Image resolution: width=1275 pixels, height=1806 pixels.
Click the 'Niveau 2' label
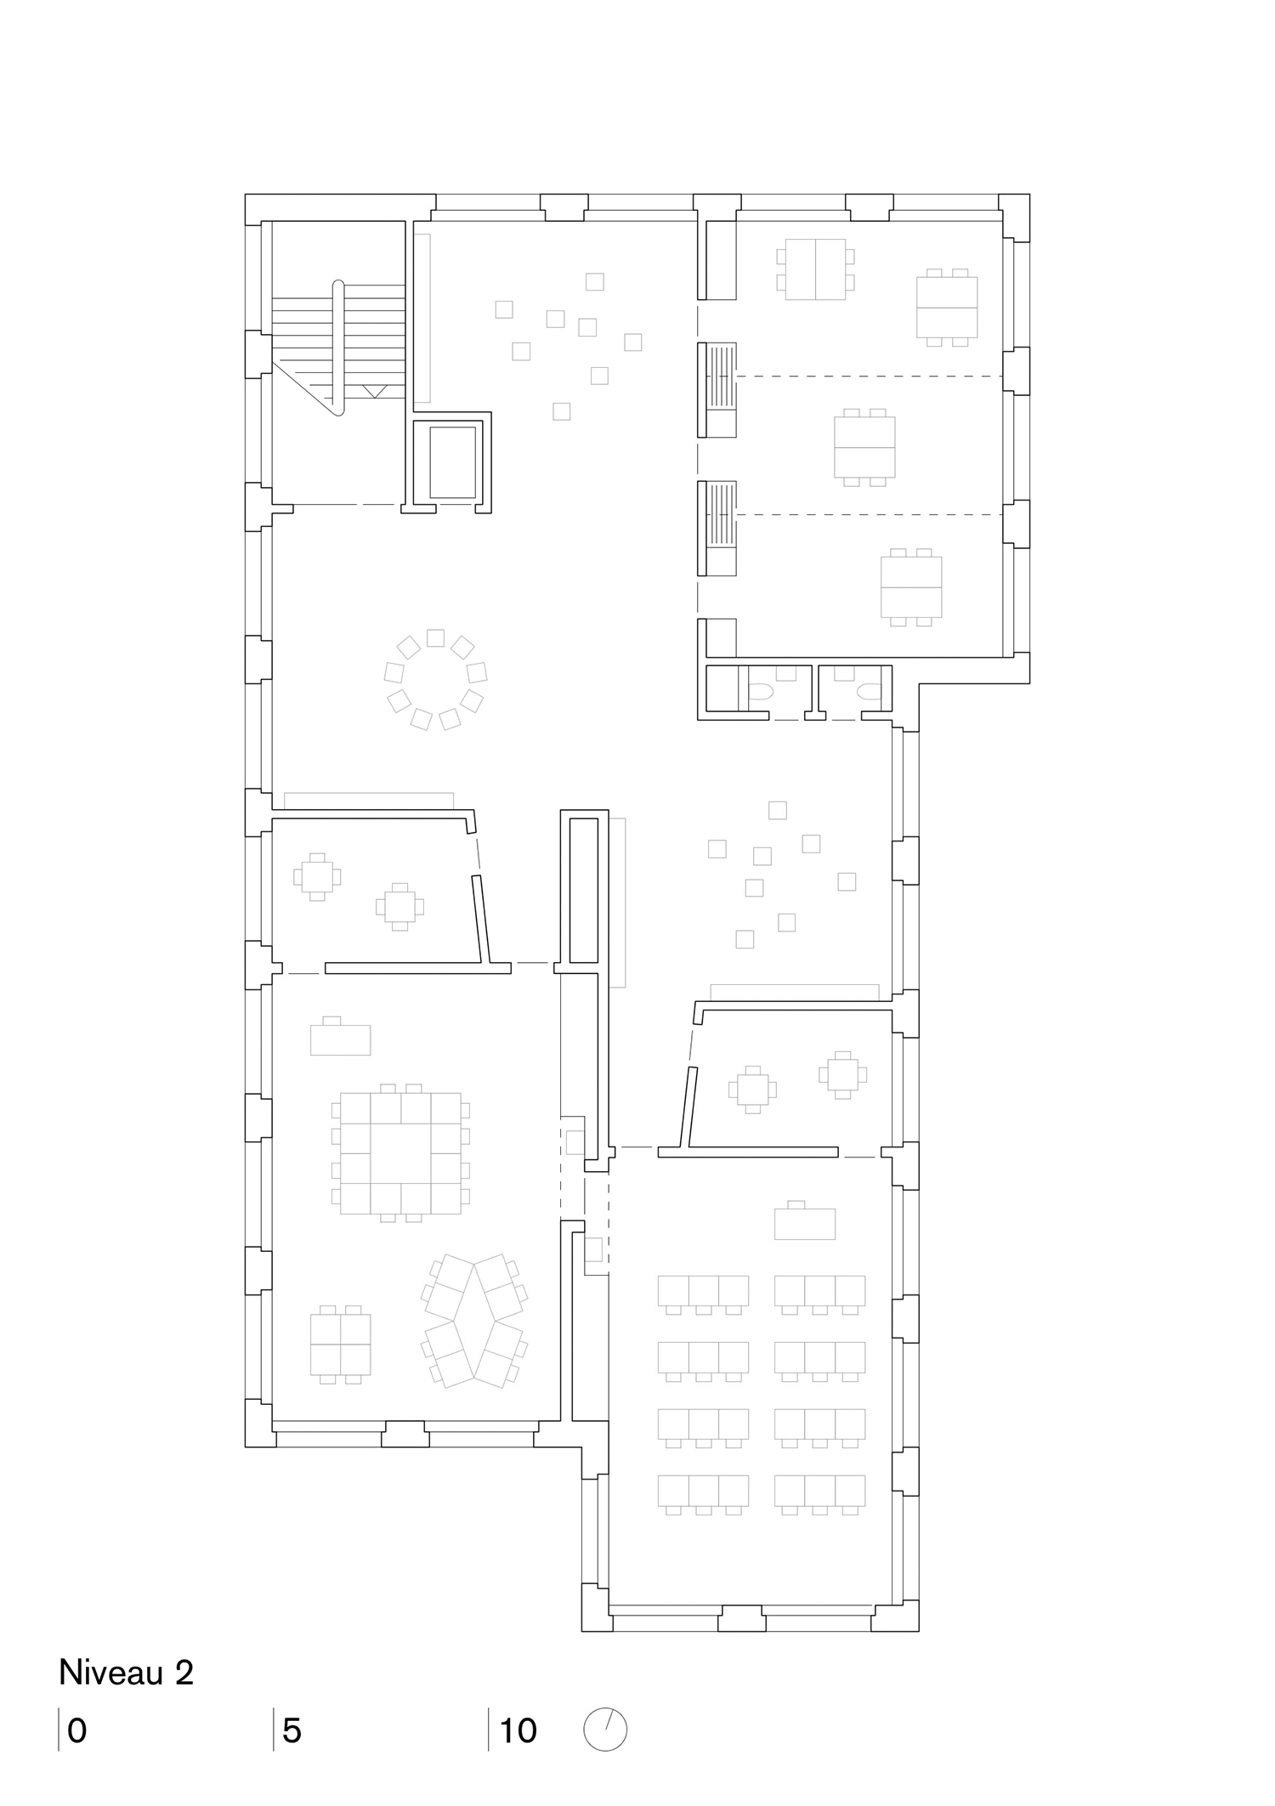(x=126, y=1673)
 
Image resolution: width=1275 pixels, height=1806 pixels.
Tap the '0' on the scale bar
(x=76, y=1730)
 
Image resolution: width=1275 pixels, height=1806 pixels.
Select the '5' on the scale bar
(x=292, y=1730)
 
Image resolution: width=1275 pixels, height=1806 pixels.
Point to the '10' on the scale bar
(x=518, y=1730)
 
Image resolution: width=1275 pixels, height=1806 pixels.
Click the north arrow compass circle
(x=604, y=1729)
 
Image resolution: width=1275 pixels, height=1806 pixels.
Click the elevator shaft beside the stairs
(x=452, y=462)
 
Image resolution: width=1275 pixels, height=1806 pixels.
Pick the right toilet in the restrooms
(x=868, y=693)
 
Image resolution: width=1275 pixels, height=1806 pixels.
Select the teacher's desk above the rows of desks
(x=804, y=1223)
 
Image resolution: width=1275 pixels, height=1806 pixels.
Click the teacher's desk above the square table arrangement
(x=340, y=1039)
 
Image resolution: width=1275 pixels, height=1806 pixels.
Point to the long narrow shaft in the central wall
(x=583, y=889)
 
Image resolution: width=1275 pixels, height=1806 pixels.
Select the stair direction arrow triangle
(x=375, y=390)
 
